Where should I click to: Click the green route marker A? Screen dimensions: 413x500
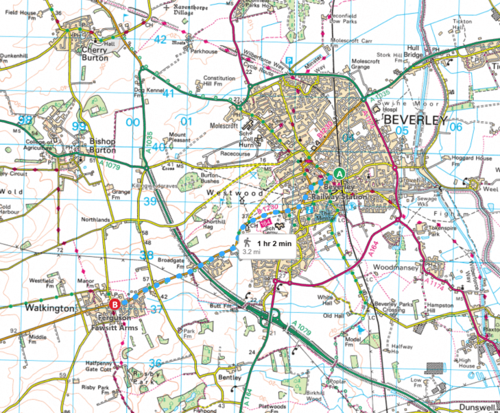coord(341,173)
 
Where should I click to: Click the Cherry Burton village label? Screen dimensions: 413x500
coord(95,54)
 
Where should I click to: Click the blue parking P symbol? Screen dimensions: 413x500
coord(289,61)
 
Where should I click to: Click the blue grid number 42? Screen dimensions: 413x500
coord(160,40)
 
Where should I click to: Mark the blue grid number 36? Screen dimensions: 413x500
coord(156,363)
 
